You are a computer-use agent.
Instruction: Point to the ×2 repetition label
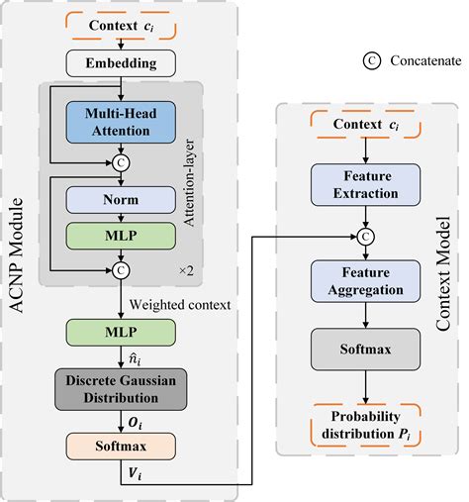pos(185,269)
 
